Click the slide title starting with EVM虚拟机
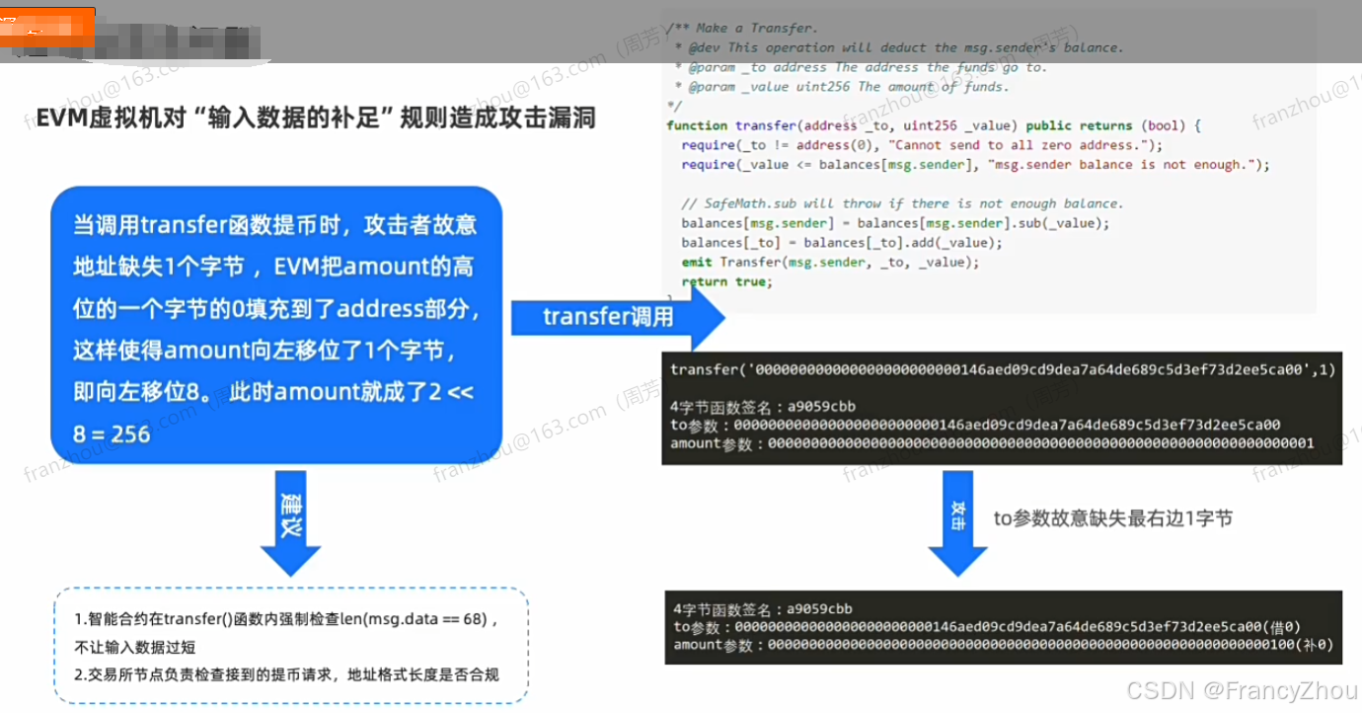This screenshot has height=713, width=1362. (309, 118)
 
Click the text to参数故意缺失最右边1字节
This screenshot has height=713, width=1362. (1112, 517)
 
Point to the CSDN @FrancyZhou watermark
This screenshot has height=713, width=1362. (1241, 689)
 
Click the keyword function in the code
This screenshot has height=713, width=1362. (697, 125)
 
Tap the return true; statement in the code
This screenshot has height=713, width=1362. (726, 281)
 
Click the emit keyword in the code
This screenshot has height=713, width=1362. (697, 262)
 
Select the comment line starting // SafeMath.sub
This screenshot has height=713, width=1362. (902, 203)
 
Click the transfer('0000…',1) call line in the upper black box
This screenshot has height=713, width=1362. (1002, 369)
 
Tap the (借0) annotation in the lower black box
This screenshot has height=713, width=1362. (1281, 626)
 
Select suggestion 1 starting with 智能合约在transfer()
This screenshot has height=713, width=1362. (286, 619)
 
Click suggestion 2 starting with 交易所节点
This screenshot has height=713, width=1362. (286, 675)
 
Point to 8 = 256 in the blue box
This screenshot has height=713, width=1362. (112, 434)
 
